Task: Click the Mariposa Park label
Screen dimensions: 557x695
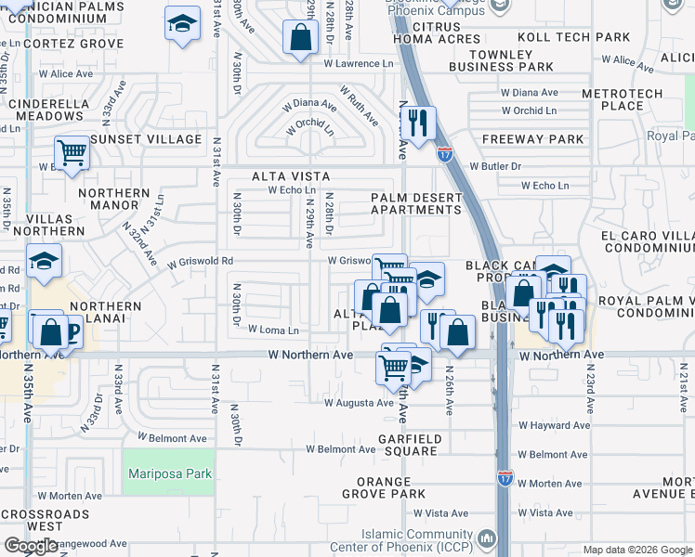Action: click(169, 473)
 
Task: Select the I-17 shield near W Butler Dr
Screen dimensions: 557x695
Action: click(446, 152)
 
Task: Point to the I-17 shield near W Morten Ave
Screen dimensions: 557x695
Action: click(505, 478)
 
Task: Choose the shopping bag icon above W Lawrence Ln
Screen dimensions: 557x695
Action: click(300, 39)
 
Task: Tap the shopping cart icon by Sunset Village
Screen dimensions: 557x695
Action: click(72, 152)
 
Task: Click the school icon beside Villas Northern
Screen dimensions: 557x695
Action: click(44, 263)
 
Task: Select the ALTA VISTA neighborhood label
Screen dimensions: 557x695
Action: click(290, 175)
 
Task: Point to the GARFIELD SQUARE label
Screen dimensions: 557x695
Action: click(408, 445)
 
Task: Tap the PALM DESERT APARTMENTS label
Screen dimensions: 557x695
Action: click(415, 203)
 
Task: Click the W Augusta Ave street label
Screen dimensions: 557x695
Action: click(359, 403)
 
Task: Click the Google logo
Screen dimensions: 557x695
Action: click(32, 546)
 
